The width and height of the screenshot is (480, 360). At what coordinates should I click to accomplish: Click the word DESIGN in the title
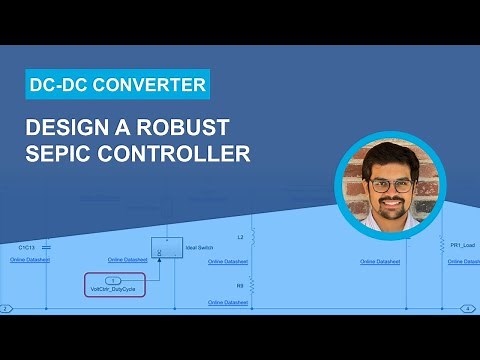(x=79, y=128)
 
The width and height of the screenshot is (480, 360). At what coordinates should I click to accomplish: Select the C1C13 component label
(x=26, y=245)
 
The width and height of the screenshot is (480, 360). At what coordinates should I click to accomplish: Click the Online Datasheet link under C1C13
(x=29, y=260)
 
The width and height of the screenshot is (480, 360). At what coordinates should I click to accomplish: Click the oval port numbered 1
(x=113, y=280)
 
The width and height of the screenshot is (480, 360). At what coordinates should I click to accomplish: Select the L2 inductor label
(x=240, y=238)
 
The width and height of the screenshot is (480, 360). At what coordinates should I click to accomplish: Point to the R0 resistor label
(x=240, y=283)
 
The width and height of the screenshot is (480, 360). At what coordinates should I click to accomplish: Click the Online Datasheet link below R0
(x=228, y=302)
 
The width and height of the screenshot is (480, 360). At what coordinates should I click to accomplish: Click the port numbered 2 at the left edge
(x=6, y=309)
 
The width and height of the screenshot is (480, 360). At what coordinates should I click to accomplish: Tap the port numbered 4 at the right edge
(x=467, y=309)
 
